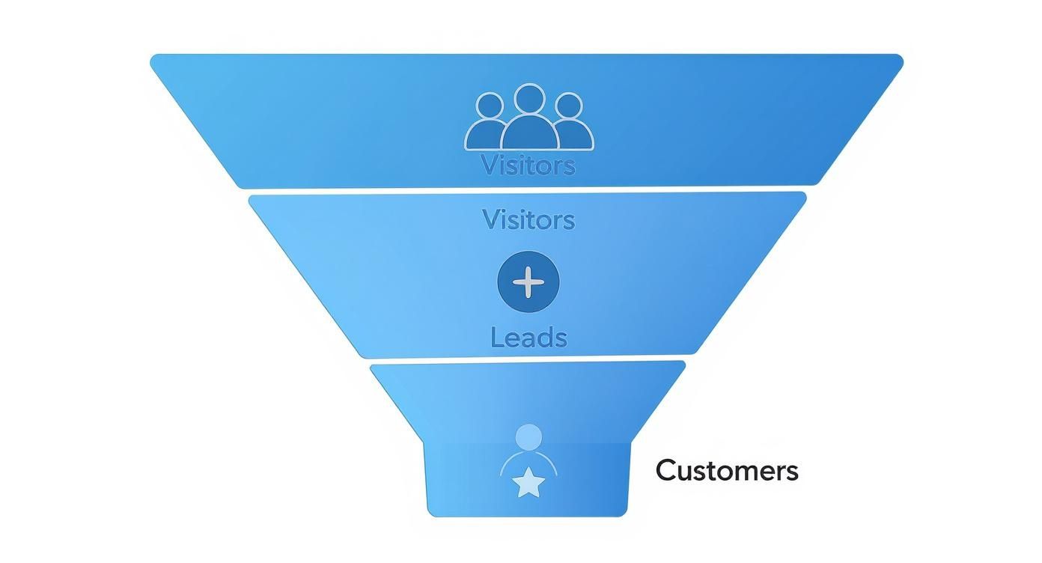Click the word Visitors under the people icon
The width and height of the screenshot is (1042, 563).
(528, 165)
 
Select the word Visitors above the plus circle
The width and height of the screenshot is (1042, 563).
(528, 219)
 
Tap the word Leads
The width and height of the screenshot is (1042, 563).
(528, 338)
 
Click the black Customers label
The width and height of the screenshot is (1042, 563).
(727, 471)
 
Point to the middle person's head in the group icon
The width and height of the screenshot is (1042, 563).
(529, 98)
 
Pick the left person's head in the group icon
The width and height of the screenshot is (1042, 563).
(490, 106)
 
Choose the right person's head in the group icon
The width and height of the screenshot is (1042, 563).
(568, 106)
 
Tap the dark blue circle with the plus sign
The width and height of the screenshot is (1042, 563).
(528, 282)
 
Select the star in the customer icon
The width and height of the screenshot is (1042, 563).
(529, 484)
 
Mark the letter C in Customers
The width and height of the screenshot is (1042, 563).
(665, 471)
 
